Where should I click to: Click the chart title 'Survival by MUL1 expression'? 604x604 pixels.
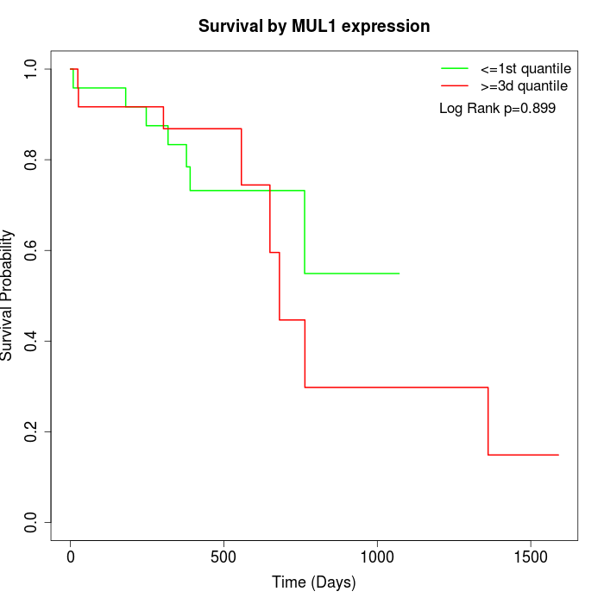point(314,26)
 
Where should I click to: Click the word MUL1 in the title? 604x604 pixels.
point(306,26)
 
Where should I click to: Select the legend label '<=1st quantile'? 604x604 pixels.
point(525,68)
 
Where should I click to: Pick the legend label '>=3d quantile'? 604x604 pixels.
point(524,85)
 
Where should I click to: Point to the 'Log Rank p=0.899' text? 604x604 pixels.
point(497,109)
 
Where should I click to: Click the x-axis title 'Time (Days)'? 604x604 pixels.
point(313,582)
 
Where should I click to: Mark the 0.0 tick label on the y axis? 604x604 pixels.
point(32,522)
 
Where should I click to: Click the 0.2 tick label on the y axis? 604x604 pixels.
point(32,431)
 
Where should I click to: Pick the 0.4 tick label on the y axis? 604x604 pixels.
point(32,341)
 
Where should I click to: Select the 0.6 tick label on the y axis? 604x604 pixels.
point(32,250)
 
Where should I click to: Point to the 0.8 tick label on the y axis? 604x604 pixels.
point(32,160)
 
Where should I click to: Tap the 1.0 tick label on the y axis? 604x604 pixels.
point(32,69)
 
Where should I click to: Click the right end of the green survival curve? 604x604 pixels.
point(399,274)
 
